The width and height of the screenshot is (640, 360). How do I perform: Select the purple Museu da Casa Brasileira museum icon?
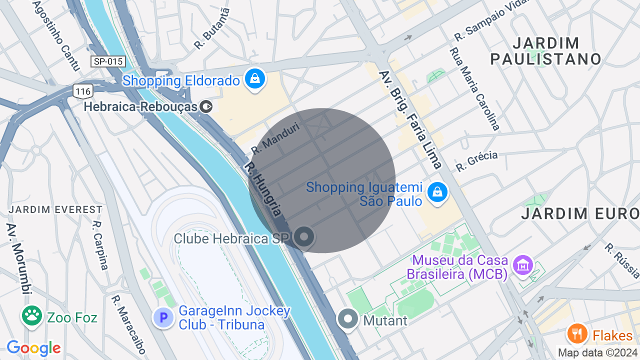point(523,265)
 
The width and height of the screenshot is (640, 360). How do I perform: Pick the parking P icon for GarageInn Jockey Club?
point(163,317)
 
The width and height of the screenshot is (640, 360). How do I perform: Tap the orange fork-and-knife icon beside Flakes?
point(577,333)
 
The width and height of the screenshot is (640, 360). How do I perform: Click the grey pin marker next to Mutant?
point(348,318)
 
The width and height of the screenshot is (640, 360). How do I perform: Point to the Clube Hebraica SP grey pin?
point(303,237)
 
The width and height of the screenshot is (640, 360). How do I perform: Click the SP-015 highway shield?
point(107,61)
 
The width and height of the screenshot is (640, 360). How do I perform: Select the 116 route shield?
point(82,90)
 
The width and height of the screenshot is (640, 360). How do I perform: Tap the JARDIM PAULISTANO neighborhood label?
point(545,51)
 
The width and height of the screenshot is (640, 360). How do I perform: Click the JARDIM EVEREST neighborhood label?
point(55,209)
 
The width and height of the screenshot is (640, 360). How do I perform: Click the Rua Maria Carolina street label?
point(474,88)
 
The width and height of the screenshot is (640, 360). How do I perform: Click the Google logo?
point(33,348)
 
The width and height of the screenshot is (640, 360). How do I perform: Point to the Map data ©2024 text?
point(597,352)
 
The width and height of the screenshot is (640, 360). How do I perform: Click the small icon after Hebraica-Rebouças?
point(206,106)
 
